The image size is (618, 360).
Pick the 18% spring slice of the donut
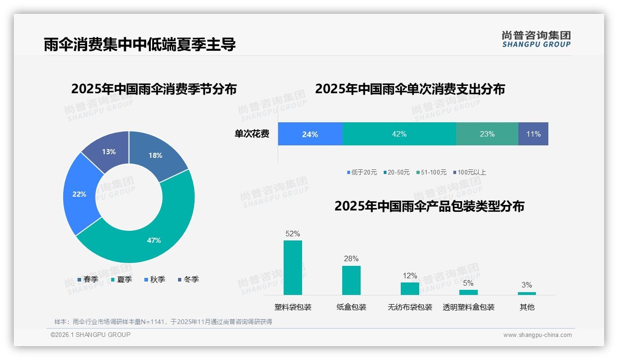pos(156,155)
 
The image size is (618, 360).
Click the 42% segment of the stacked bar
pos(399,134)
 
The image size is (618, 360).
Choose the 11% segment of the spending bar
pos(533,134)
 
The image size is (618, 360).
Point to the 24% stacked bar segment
pos(310,134)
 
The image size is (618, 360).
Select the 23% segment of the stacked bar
pos(487,134)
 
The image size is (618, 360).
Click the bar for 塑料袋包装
pos(293,268)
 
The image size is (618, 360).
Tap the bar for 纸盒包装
pos(351,280)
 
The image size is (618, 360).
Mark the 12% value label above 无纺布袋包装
pos(410,276)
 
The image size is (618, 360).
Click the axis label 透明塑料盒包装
pos(469,307)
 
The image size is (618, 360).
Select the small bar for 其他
pos(527,293)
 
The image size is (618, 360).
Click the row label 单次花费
pos(252,134)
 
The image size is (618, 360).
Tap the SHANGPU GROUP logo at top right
pos(536,39)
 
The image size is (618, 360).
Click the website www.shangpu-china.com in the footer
pos(537,335)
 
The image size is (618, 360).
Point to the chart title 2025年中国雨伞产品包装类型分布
pos(429,206)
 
